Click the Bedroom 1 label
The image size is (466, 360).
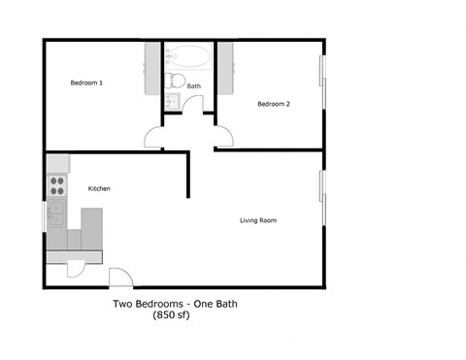click(x=87, y=83)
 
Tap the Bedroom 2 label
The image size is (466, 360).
click(x=274, y=104)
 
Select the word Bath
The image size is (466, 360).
click(x=193, y=86)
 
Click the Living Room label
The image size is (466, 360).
click(x=258, y=221)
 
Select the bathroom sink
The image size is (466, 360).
click(x=172, y=100)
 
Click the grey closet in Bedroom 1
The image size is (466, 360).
click(x=152, y=68)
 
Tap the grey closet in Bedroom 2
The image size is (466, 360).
click(x=225, y=68)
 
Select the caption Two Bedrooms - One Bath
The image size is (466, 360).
click(x=175, y=305)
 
